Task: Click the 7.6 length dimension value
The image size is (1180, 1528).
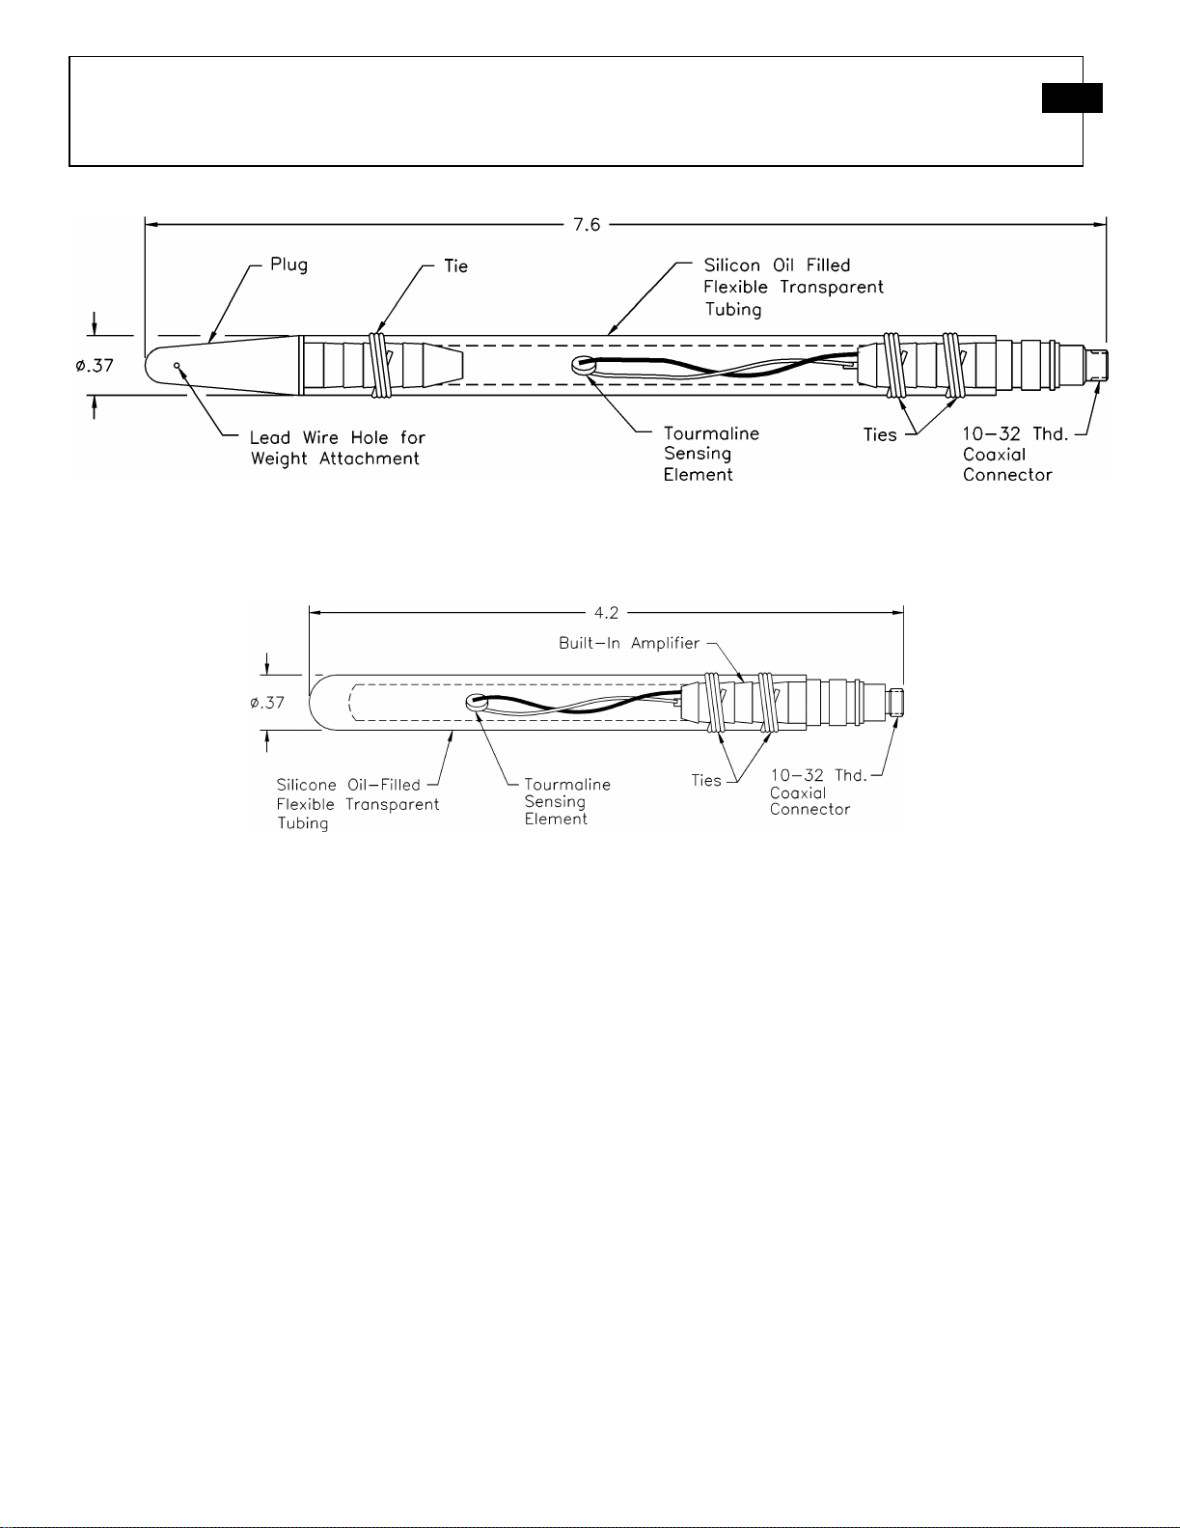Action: (587, 224)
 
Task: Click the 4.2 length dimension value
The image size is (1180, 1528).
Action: (606, 613)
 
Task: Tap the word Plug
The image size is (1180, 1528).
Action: (288, 265)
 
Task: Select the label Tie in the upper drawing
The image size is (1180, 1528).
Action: (455, 265)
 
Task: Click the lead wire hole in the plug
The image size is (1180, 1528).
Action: (178, 365)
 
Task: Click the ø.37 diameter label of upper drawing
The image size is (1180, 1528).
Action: (95, 366)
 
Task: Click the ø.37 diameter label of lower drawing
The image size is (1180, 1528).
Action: (267, 703)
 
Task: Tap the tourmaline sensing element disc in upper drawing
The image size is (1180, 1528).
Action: (581, 364)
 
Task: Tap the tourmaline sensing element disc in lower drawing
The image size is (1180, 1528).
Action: (475, 701)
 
